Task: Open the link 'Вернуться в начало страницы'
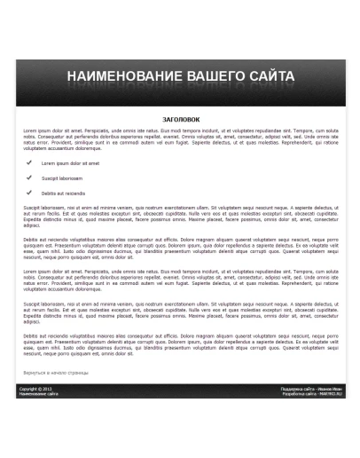55,373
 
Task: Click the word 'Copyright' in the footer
29,389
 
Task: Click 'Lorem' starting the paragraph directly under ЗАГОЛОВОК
29,130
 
